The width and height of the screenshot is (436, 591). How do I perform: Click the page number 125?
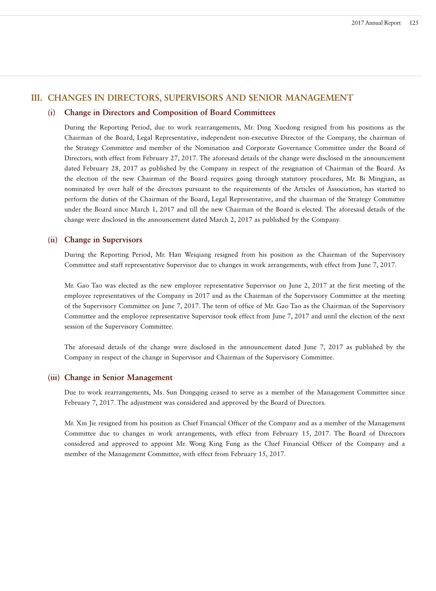coord(414,23)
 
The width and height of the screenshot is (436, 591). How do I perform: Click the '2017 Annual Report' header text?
coord(376,23)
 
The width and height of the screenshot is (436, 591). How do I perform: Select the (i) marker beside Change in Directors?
coord(52,113)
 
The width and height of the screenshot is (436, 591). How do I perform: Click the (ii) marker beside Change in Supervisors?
coord(52,240)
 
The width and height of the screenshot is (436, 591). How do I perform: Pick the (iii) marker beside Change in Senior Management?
coord(53,378)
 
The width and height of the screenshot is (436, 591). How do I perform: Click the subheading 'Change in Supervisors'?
coord(103,240)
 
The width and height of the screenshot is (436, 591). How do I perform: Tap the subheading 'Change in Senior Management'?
coord(118,378)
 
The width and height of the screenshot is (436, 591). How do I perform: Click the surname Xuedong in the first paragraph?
coord(287,128)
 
